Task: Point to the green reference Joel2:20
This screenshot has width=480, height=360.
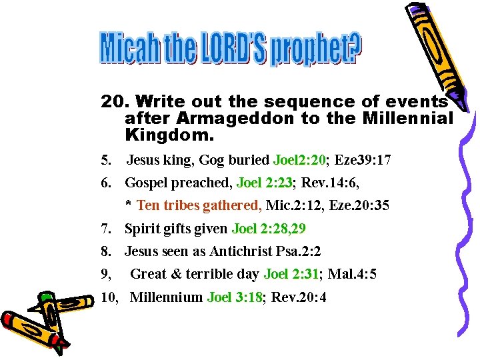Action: click(x=300, y=161)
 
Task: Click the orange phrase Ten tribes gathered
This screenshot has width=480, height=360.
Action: click(x=199, y=205)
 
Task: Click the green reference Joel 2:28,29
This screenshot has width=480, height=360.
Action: click(x=269, y=229)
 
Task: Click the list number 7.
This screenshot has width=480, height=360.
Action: click(x=105, y=229)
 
